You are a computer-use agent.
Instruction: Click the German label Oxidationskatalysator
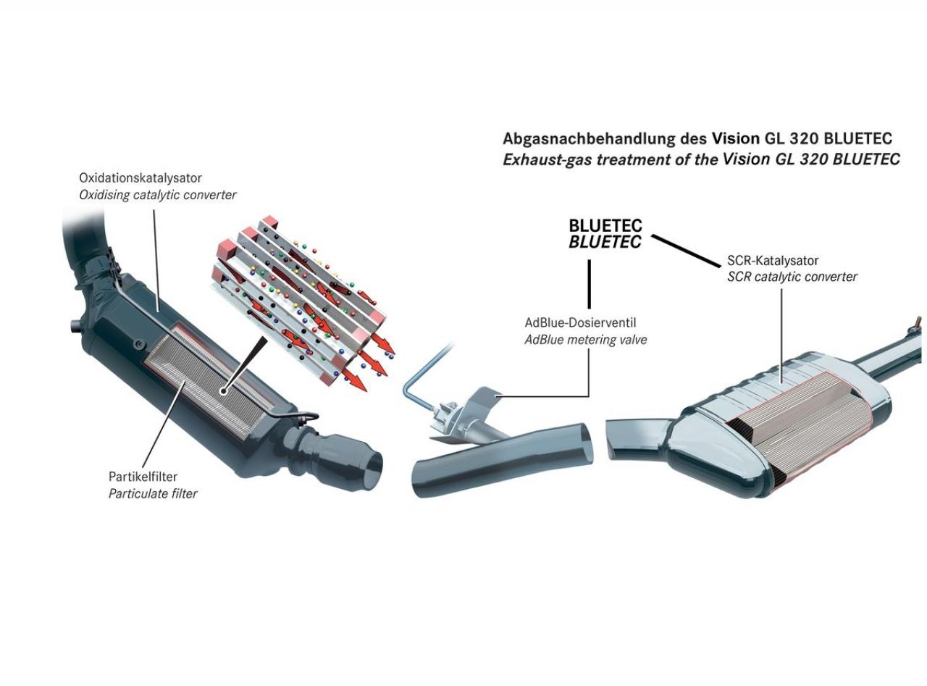point(140,178)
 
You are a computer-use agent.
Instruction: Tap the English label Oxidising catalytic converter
point(158,195)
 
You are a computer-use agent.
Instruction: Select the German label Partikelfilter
point(143,477)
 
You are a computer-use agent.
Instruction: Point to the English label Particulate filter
point(153,494)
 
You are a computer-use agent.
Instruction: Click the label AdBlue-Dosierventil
point(581,323)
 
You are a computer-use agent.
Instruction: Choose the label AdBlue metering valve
point(586,340)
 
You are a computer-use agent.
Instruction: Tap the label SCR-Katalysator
point(773,261)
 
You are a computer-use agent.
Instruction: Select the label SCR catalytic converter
point(792,277)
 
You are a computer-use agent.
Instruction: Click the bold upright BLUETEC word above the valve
point(605,226)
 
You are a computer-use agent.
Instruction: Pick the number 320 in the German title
point(805,138)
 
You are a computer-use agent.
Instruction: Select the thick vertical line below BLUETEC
point(590,284)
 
